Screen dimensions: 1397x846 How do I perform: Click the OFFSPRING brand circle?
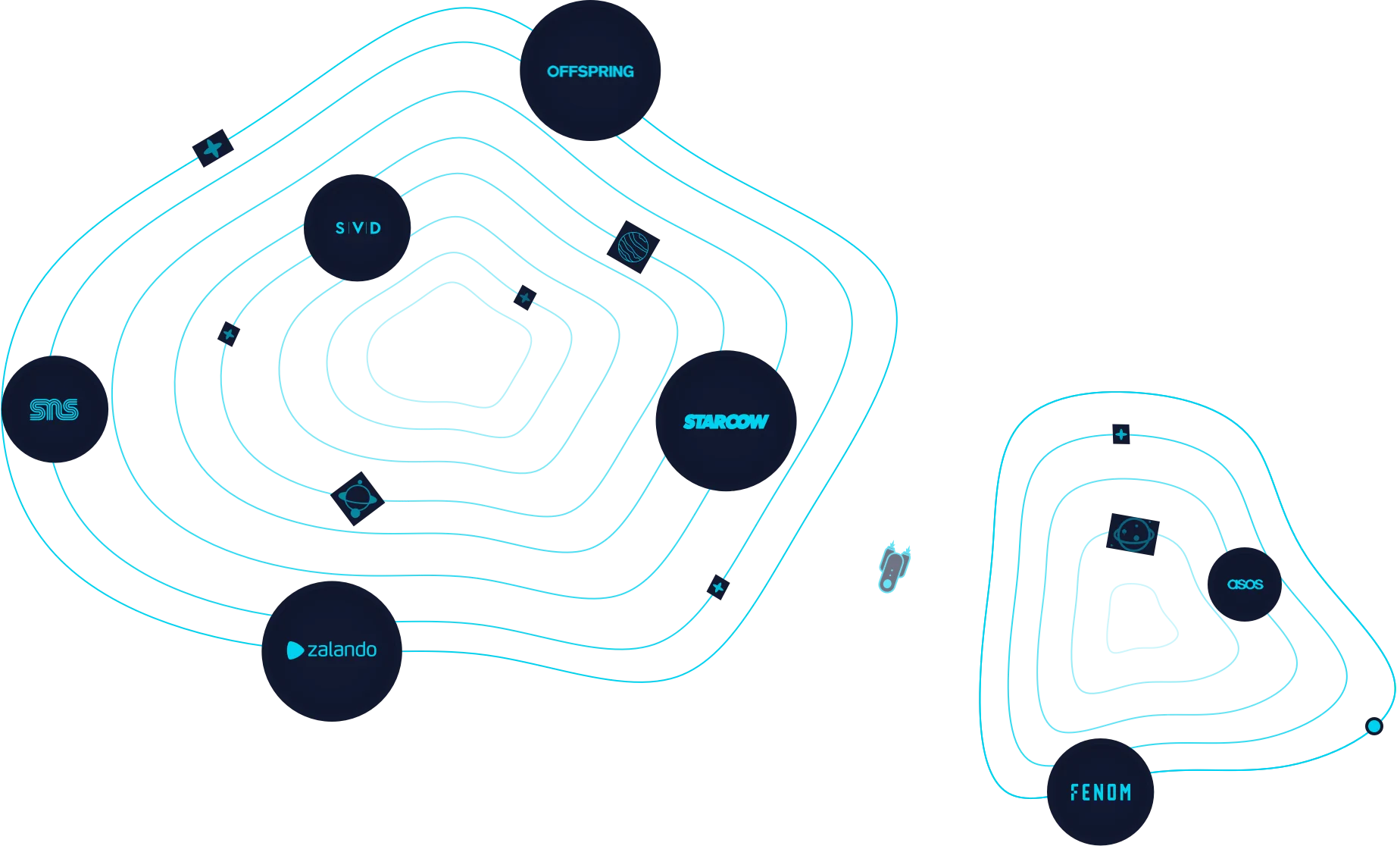point(590,70)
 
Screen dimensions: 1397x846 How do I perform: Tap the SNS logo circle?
point(55,409)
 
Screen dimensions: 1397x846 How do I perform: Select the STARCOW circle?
point(726,421)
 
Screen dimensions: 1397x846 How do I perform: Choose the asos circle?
point(1245,584)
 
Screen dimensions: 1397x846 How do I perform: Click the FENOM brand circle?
point(1100,792)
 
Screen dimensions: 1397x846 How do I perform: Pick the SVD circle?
point(358,227)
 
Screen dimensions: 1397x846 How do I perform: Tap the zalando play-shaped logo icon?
point(295,650)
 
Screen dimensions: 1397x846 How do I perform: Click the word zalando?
point(342,650)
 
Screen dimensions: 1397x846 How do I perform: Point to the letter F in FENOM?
point(1074,792)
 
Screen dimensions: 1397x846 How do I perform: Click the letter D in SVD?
point(376,228)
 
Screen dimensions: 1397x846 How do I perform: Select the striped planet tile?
point(633,247)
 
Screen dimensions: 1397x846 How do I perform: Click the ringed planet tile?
point(358,499)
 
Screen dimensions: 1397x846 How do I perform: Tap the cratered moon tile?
point(1133,534)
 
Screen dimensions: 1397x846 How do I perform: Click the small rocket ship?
point(894,568)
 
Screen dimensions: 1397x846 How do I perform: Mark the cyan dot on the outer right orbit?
point(1374,726)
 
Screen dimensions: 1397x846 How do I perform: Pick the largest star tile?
point(213,148)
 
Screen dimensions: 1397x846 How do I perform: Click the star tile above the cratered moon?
point(1121,434)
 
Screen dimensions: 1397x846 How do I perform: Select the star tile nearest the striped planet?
point(525,297)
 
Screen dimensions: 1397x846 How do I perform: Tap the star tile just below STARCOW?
point(718,587)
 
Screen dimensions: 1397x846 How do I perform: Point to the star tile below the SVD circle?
point(229,334)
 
